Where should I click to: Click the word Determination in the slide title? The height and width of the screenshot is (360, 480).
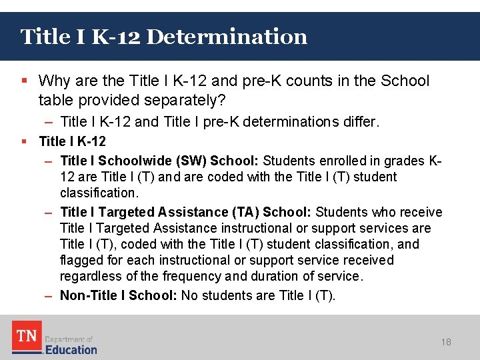click(x=227, y=36)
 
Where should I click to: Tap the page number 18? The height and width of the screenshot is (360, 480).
click(x=446, y=342)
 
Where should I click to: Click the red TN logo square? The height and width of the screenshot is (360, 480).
click(x=27, y=336)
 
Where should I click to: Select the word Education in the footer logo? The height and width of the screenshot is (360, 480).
click(x=71, y=349)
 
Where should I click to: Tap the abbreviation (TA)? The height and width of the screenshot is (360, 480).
click(x=245, y=212)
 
